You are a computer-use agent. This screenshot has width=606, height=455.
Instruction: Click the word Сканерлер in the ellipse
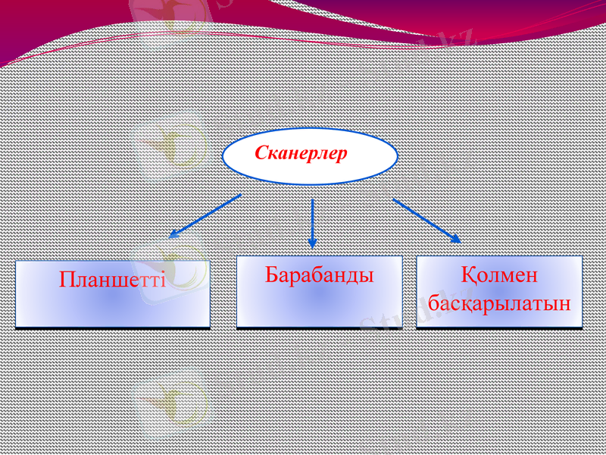coord(301,153)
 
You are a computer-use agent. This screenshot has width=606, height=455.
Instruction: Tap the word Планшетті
coord(112,280)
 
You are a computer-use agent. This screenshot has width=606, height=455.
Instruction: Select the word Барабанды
coord(320,275)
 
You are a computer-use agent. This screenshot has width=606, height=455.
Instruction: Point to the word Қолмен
coord(498,275)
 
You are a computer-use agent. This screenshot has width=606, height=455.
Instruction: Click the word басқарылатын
coord(499,304)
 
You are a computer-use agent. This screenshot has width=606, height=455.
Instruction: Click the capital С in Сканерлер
coord(261,153)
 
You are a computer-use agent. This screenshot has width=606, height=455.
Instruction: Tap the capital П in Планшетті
coord(67,280)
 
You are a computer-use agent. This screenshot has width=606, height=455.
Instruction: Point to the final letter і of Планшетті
coord(161,280)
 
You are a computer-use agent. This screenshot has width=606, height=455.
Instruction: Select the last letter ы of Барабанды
coord(367,276)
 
